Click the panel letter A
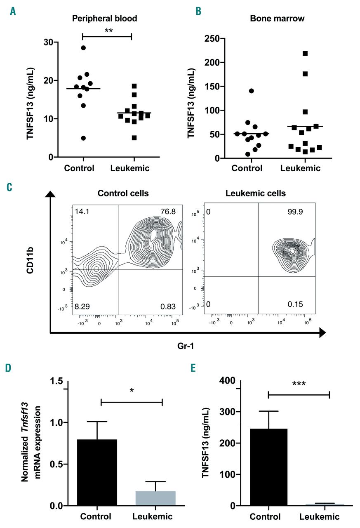(x=13, y=12)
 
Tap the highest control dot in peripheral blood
(x=83, y=48)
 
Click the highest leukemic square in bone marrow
(x=305, y=53)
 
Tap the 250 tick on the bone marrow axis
(x=211, y=39)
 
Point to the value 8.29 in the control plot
(x=81, y=307)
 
